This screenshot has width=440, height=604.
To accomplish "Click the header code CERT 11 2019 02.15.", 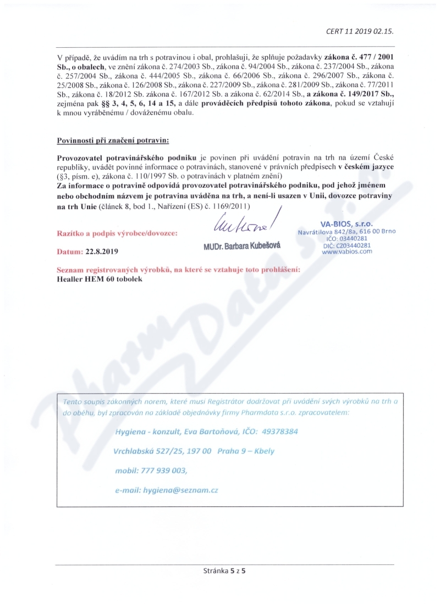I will (360, 31).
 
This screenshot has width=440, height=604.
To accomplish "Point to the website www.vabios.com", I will (346, 251).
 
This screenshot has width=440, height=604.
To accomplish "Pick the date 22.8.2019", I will (101, 251).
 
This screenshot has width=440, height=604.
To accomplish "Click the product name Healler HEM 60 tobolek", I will (100, 278).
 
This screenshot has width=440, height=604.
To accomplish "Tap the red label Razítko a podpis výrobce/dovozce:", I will (117, 233).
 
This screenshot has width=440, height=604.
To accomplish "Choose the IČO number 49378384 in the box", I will (274, 432).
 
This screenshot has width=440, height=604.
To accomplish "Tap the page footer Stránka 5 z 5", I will (224, 571).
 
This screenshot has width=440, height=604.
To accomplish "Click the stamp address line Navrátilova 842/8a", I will (328, 232).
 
